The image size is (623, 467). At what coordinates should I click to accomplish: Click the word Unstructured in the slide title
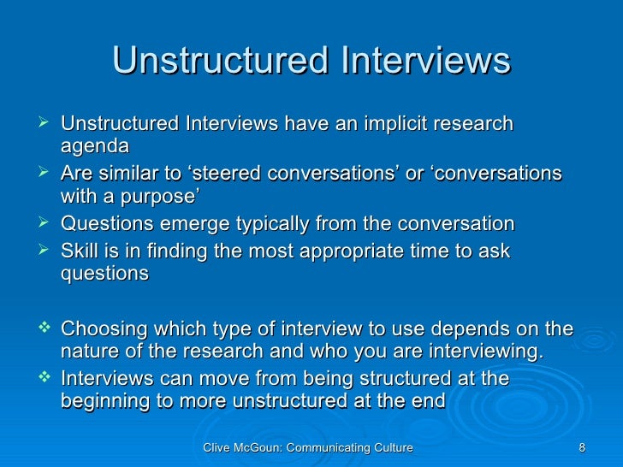(x=219, y=62)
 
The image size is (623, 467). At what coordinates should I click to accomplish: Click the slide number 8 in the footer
(x=582, y=447)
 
